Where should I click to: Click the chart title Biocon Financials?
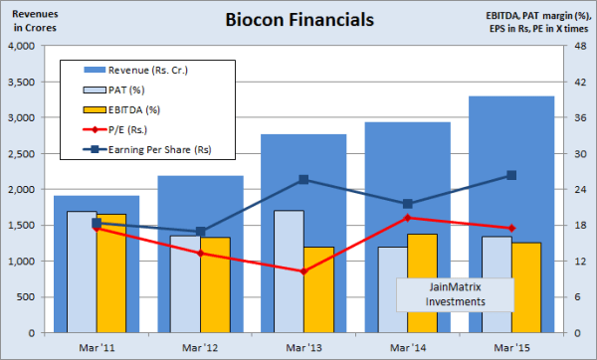point(298,20)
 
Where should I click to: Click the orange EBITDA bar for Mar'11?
point(110,272)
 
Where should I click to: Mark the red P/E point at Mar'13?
point(303,270)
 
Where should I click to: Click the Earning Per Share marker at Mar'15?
point(511,175)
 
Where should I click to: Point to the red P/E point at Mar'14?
point(407,218)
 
